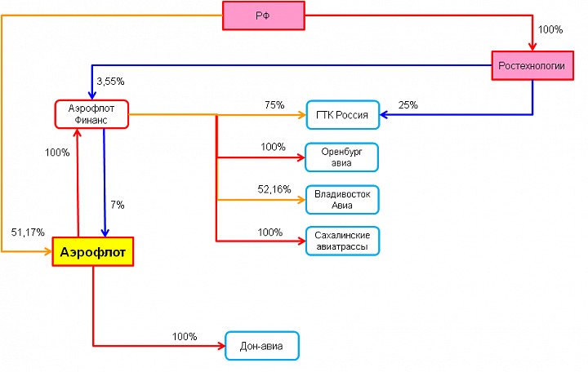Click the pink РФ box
pos(264,15)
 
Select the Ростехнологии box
pos(532,65)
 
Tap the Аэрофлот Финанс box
pos(91,114)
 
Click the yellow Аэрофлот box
pos(93,252)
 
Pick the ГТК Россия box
pos(343,115)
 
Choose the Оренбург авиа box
pos(341,157)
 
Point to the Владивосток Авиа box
pos(342,200)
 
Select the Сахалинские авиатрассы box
pos(342,241)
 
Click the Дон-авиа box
pos(262,346)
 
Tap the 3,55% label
pos(110,82)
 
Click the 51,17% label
pos(28,232)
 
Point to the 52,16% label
pos(274,189)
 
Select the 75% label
pos(274,105)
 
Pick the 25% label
pos(408,105)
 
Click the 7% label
pos(118,205)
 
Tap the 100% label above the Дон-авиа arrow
pos(185,336)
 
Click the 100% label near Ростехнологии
pos(550,29)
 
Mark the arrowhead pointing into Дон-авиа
pos(221,346)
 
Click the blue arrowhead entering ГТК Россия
pos(384,115)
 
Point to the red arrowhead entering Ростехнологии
pos(532,46)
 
